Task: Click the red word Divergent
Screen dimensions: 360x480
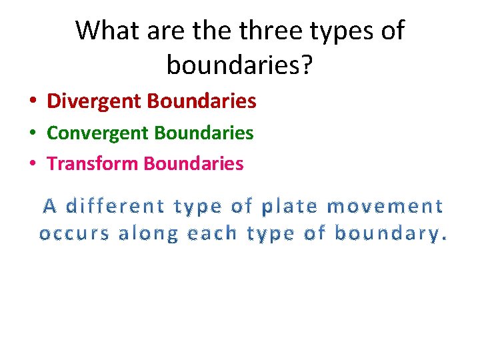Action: tap(95, 101)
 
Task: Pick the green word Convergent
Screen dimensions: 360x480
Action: tap(98, 133)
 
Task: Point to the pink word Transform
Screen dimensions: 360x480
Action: tap(93, 163)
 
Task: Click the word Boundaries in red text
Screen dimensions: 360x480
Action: tap(202, 101)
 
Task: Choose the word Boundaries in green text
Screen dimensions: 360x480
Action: tap(204, 133)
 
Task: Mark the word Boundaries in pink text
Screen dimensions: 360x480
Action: tap(194, 163)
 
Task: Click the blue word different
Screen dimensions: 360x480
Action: tap(116, 207)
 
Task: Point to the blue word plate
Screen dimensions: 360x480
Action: tap(289, 207)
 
